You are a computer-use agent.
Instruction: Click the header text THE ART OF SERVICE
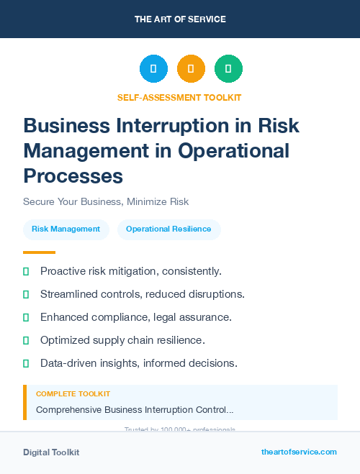(180, 19)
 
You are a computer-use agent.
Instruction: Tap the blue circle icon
(153, 68)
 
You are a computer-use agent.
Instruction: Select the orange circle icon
(191, 68)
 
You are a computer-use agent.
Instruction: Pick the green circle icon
(228, 68)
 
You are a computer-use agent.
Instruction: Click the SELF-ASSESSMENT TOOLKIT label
(179, 97)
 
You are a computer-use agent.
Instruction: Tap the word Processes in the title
(73, 176)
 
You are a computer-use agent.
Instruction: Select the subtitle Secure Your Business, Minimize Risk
(106, 202)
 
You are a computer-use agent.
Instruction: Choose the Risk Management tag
(66, 229)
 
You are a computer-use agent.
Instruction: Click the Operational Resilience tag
(168, 229)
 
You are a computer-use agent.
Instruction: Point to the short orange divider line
(39, 252)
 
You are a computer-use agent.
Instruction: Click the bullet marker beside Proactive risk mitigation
(26, 271)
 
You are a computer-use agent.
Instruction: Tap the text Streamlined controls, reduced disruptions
(143, 294)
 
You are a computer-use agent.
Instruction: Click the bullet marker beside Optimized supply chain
(26, 340)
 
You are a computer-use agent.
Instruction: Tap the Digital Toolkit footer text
(51, 452)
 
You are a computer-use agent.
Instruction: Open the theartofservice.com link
(299, 452)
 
